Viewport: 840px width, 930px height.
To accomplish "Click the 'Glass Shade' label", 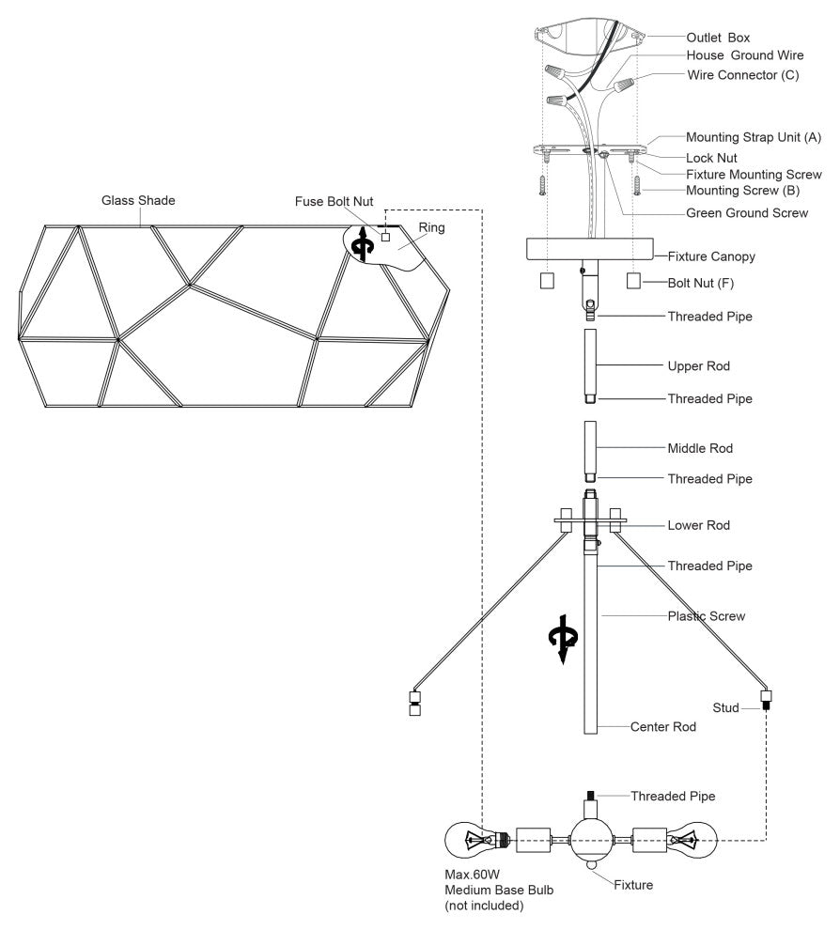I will pyautogui.click(x=138, y=200).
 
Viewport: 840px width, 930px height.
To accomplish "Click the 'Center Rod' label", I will pyautogui.click(x=663, y=726).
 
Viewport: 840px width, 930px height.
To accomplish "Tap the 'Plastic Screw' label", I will pyautogui.click(x=707, y=616).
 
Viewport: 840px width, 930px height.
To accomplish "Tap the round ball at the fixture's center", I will pyautogui.click(x=590, y=838).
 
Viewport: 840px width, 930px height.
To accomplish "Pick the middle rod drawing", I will pyautogui.click(x=590, y=449).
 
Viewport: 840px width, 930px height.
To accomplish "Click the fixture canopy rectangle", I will pyautogui.click(x=589, y=249).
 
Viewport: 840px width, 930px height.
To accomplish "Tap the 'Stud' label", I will pyautogui.click(x=725, y=706).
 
